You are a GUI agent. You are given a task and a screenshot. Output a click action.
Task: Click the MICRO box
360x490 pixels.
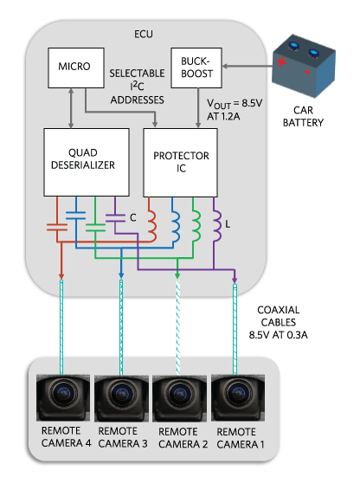click(x=76, y=68)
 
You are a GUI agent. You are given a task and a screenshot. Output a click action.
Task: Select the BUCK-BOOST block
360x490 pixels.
click(x=196, y=68)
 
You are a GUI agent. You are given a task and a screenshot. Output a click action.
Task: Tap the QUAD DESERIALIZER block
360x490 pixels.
click(x=87, y=162)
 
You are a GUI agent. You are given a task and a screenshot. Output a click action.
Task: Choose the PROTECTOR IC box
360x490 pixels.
click(x=180, y=163)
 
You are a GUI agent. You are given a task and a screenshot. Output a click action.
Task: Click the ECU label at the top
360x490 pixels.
click(x=144, y=34)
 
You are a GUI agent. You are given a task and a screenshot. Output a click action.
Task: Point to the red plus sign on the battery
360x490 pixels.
click(x=281, y=61)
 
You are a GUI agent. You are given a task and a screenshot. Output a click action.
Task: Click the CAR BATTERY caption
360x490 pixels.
click(x=303, y=116)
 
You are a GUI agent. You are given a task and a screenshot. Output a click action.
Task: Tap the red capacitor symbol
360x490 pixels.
click(x=57, y=227)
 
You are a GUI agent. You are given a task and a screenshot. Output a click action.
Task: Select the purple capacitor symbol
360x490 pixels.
click(x=115, y=218)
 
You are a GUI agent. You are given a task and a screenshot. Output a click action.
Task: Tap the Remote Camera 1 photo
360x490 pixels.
click(x=238, y=398)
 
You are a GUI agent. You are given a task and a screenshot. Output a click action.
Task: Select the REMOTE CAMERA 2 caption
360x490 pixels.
click(x=183, y=438)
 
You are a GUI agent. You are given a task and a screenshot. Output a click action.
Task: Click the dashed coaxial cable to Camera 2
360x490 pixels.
click(x=177, y=327)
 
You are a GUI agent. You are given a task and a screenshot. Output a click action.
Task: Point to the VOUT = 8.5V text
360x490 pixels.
click(x=235, y=104)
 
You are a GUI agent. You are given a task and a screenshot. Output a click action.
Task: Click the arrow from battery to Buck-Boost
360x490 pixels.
click(x=247, y=67)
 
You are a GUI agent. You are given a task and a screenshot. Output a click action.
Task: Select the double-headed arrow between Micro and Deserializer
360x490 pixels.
click(x=71, y=108)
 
